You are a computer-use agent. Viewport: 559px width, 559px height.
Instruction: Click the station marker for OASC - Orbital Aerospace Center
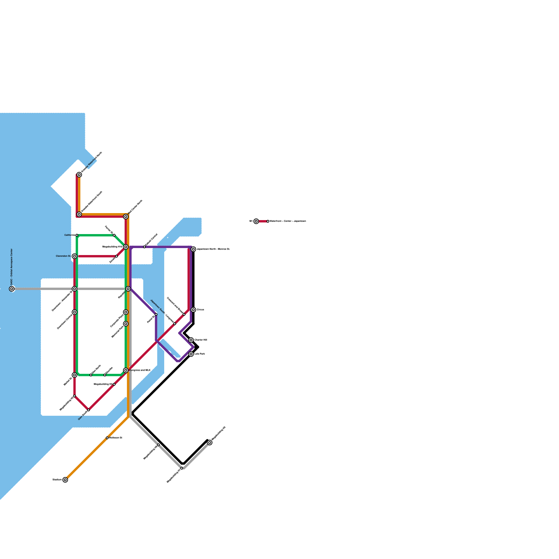click(12, 289)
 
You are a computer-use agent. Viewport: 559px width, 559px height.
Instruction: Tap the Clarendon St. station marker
click(74, 256)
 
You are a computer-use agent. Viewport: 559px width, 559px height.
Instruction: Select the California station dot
click(77, 235)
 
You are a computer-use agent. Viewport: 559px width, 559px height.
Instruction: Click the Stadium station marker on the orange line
click(65, 480)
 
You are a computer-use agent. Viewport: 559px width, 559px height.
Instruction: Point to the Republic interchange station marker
click(128, 289)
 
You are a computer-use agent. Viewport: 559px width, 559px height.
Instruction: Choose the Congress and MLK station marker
click(126, 370)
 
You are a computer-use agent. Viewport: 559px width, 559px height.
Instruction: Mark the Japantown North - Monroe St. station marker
click(193, 249)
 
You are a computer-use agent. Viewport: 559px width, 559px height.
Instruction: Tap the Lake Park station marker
click(191, 354)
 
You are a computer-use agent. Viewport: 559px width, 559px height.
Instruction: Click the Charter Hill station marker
click(191, 340)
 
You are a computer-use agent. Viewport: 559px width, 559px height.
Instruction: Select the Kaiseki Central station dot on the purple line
click(144, 247)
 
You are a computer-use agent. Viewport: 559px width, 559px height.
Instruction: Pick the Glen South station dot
click(88, 410)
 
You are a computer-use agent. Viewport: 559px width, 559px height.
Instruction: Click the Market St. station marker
click(74, 375)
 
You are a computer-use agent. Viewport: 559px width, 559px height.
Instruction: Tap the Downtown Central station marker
click(74, 312)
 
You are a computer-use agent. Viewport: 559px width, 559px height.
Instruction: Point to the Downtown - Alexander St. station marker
click(74, 289)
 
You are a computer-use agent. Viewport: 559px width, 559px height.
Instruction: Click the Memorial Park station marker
click(126, 324)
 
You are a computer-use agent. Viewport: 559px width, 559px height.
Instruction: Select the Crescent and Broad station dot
click(184, 314)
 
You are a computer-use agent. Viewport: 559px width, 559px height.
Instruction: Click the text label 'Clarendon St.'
click(63, 256)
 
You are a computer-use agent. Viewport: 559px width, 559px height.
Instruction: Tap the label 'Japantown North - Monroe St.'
click(213, 249)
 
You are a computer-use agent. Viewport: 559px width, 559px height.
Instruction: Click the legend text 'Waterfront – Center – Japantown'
click(288, 221)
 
